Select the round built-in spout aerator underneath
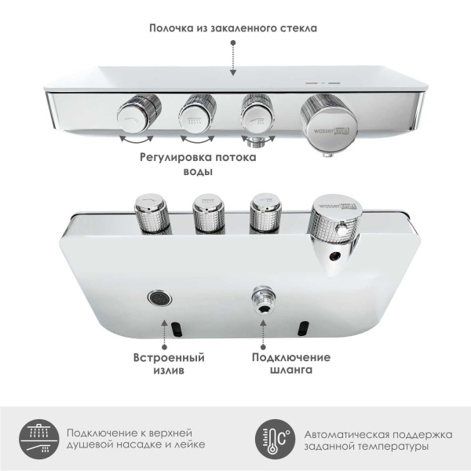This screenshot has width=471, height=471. pos(160,298)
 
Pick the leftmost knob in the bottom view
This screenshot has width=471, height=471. pos(148,210)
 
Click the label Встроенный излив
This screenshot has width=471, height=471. pos(170,364)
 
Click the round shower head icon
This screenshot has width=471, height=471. pos(38,439)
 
